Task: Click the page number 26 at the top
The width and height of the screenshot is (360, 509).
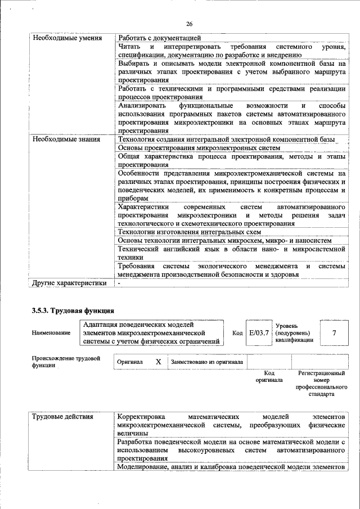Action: click(189, 24)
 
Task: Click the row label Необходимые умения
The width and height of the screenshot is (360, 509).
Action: click(67, 38)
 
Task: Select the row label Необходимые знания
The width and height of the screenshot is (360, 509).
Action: click(66, 139)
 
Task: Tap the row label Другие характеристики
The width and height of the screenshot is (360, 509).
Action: click(69, 283)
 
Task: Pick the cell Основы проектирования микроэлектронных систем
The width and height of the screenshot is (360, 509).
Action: click(199, 147)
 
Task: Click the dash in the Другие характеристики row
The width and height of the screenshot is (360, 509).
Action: click(119, 283)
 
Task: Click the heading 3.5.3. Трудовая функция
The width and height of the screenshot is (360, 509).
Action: click(73, 310)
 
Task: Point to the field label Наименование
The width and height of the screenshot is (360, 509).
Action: click(51, 333)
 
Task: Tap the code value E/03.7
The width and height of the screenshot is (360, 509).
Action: click(259, 333)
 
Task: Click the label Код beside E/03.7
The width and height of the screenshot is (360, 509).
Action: click(237, 333)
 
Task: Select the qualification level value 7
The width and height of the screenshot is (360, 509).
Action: click(334, 333)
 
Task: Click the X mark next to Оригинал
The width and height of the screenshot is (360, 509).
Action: click(159, 362)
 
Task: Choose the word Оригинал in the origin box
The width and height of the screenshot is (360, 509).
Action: click(129, 362)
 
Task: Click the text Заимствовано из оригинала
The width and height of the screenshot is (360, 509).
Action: click(207, 362)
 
